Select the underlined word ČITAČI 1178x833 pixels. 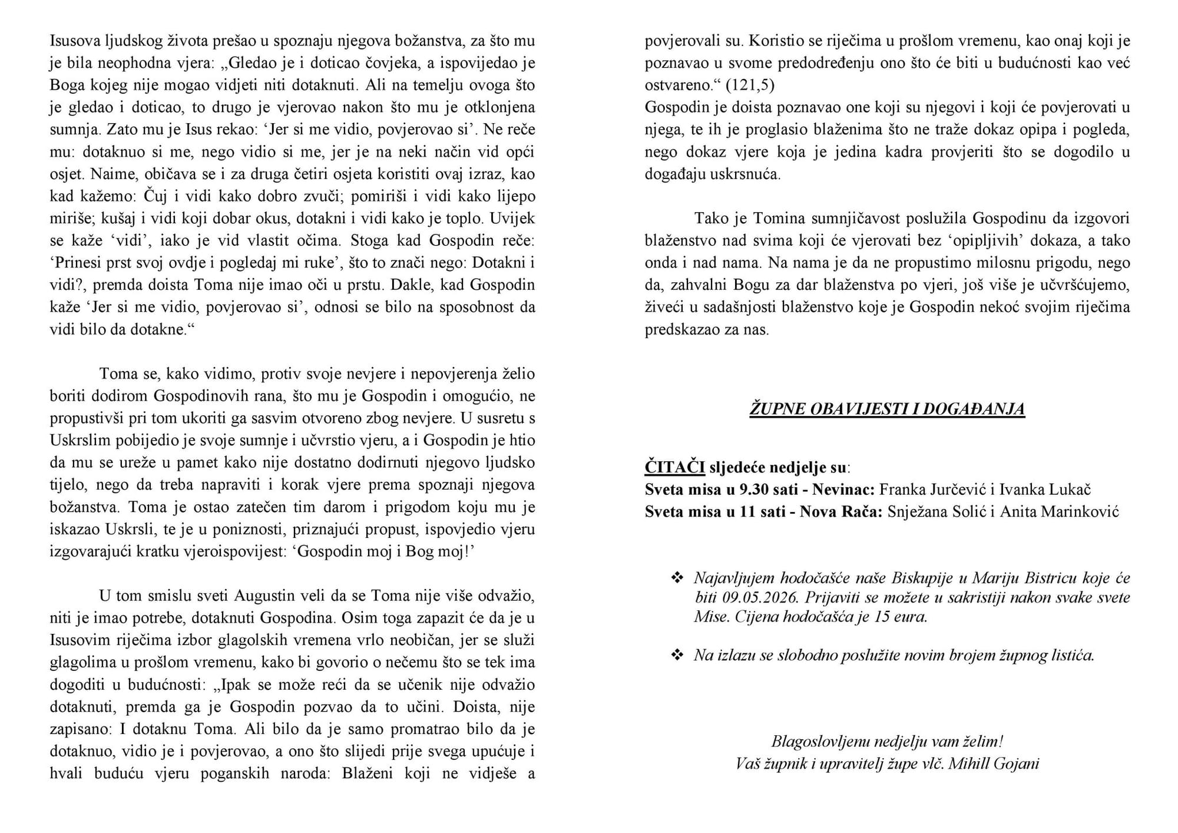pos(674,468)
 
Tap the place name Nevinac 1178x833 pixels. pos(845,490)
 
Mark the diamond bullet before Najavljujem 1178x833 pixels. pos(677,578)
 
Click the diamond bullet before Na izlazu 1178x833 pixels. pos(677,655)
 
